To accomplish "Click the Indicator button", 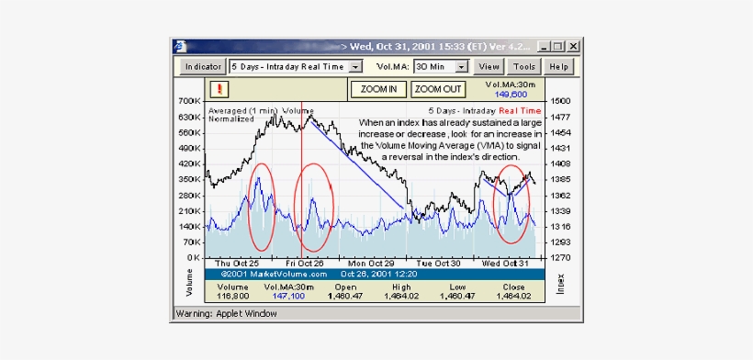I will point(202,66).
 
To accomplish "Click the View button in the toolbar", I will point(489,66).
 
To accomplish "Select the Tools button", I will point(524,66).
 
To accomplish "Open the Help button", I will point(557,66).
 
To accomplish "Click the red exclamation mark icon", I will point(219,89).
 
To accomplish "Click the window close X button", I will point(573,46).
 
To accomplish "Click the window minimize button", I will point(545,46).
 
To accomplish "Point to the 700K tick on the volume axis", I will point(190,101).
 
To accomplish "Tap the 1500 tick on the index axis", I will point(561,101).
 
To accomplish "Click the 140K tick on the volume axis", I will point(190,226).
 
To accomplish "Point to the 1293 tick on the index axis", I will point(561,242).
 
